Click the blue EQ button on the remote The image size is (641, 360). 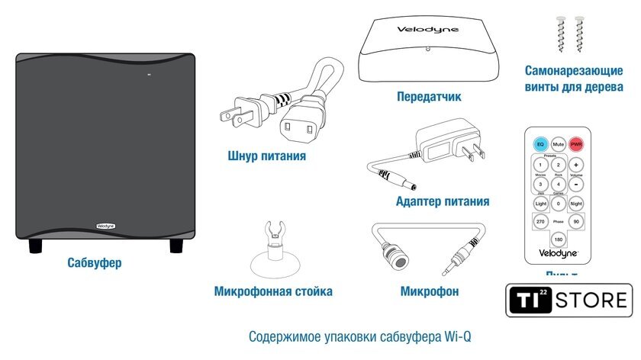click(540, 143)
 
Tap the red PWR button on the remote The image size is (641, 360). click(576, 143)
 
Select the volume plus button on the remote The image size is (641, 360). click(576, 165)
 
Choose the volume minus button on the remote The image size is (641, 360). click(576, 184)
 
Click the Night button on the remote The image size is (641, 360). click(576, 204)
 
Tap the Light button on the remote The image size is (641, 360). click(540, 204)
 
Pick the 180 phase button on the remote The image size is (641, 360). click(559, 239)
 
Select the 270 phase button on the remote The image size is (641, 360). click(540, 222)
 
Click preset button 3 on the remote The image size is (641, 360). click(540, 184)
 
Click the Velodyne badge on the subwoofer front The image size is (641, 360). click(105, 226)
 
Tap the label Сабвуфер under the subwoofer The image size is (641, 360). click(94, 263)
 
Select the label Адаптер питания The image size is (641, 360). click(443, 201)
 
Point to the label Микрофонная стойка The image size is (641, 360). click(273, 291)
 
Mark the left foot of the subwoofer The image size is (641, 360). click(36, 246)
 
